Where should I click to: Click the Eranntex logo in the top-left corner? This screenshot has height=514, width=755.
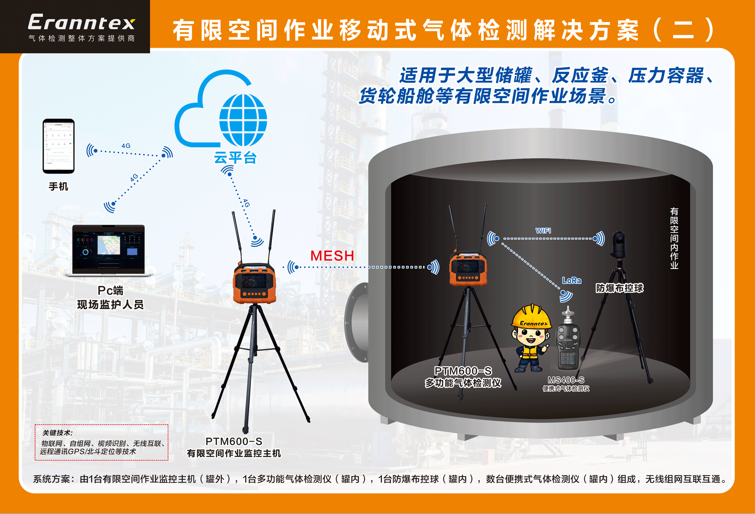81,23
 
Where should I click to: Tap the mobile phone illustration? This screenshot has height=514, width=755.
59,146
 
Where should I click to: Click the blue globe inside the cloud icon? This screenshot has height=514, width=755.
243,120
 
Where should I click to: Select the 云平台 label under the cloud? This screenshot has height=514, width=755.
235,158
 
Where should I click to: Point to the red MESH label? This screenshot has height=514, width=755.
332,256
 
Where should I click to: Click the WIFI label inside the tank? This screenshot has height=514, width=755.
543,231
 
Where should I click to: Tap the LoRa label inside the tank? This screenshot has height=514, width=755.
572,280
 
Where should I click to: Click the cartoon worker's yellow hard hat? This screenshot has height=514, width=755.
532,316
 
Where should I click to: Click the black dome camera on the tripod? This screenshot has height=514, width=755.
619,244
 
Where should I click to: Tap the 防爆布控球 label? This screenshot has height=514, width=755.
619,288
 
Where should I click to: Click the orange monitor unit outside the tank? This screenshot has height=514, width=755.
254,283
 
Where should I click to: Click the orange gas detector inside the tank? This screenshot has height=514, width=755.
468,269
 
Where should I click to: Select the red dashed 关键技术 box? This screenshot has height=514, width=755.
101,442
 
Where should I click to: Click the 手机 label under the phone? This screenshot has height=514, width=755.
59,187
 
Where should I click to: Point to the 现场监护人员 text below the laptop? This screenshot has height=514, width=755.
110,304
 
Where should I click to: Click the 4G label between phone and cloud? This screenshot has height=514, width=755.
126,146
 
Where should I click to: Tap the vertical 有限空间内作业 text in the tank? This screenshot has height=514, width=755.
674,238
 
